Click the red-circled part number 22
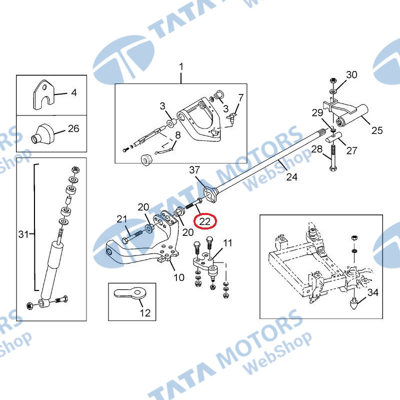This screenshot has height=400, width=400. pos(204,221)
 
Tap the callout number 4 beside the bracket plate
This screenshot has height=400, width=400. pos(74,92)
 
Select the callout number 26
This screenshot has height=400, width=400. pos(73,128)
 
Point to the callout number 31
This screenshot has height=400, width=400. pos(23,233)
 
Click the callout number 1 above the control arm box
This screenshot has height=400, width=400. pos(181,67)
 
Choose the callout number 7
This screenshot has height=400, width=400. pos(241,97)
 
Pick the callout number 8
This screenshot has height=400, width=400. pos(178,135)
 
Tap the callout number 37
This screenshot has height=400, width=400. pos(194,170)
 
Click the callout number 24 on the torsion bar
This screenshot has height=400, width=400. pos(291,176)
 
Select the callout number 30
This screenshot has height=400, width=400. pos(351,74)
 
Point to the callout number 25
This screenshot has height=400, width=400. pos(377,130)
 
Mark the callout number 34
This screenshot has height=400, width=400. pos(373,292)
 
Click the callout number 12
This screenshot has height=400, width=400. pos(145,313)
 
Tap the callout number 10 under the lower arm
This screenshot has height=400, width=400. pos(179,277)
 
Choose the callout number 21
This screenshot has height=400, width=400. pos(121,219)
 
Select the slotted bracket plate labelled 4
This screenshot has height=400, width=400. pos(44,94)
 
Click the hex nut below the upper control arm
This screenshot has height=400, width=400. pos(146,159)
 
